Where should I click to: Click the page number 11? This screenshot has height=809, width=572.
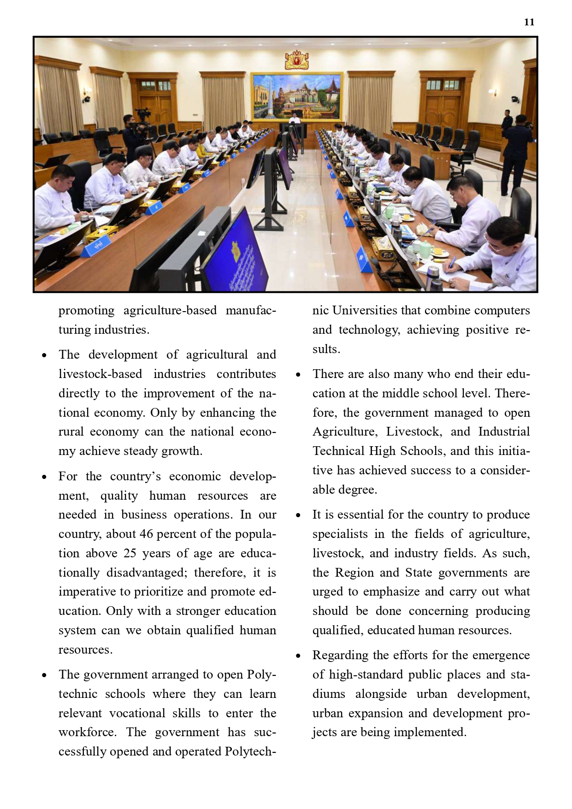coord(529,22)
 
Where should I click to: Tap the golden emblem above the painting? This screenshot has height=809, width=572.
coord(296,60)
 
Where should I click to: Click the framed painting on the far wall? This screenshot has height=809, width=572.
coord(296,96)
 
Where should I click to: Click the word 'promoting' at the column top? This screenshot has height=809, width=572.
coord(86,311)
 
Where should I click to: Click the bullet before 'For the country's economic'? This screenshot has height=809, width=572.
coord(44,477)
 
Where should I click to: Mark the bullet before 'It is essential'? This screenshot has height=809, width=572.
coord(298,515)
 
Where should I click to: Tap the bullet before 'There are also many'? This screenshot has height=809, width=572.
coord(298,375)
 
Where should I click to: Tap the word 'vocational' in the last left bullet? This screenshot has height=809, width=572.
coord(135,713)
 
